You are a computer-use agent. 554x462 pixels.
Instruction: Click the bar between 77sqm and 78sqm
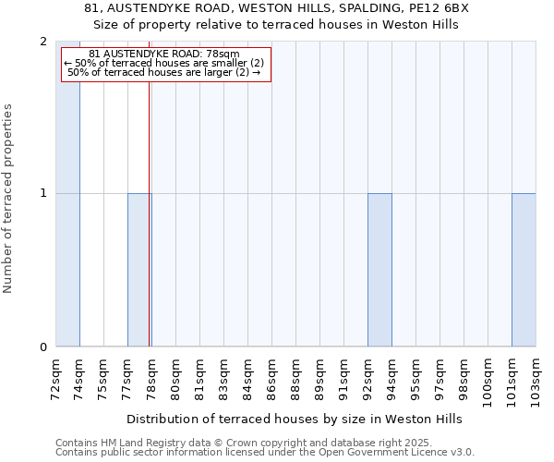pos(139,270)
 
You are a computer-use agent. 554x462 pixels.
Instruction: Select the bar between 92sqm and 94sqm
pos(379,270)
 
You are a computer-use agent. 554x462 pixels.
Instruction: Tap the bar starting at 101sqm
pos(524,270)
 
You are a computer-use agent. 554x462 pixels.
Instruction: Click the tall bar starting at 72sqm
pos(67,194)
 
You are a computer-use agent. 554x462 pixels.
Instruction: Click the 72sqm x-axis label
pos(56,377)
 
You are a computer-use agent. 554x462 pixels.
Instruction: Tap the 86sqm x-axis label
pos(272,377)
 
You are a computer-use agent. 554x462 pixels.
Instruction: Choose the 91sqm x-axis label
pos(344,377)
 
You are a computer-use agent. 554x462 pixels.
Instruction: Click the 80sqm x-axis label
pos(176,377)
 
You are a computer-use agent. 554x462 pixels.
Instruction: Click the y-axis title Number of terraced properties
pos(9,199)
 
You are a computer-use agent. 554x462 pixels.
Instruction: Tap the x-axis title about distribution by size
pos(294,419)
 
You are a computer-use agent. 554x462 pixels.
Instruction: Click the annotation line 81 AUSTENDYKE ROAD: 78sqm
pos(164,55)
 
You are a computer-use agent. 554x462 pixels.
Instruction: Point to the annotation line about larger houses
pos(164,73)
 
